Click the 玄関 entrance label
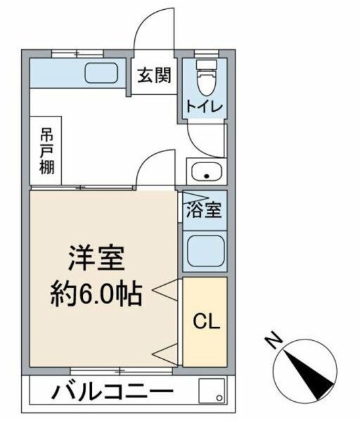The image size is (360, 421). (x=155, y=75)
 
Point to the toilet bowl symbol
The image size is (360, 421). (x=204, y=79)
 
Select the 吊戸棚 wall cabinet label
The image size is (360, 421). (x=45, y=150)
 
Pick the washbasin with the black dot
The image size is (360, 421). (x=205, y=174)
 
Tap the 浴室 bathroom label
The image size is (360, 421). (x=205, y=210)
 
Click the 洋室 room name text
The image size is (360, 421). (x=97, y=258)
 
